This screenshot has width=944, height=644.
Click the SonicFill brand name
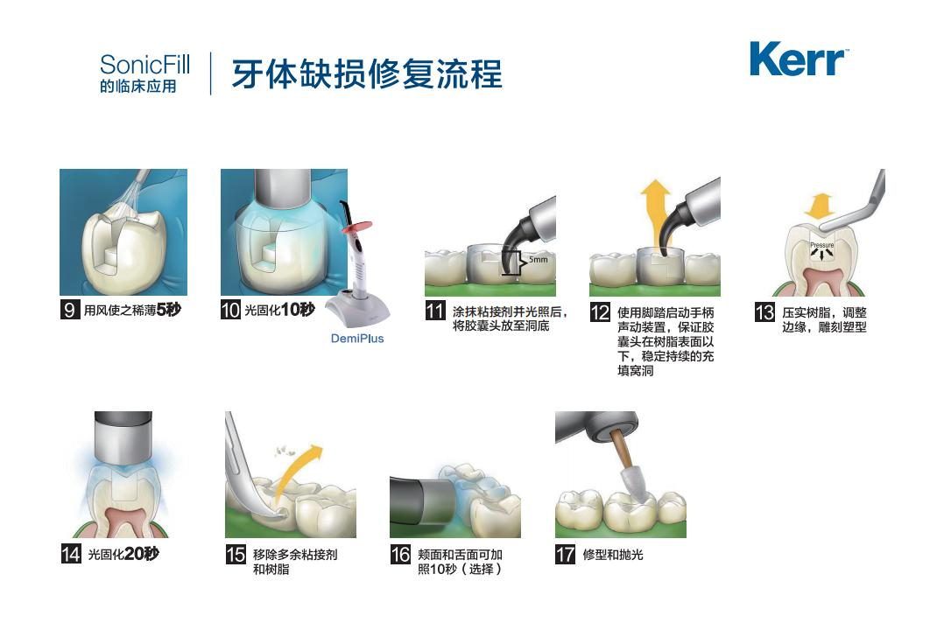point(144,64)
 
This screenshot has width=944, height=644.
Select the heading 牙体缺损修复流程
point(367,74)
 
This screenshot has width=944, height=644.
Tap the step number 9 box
point(70,311)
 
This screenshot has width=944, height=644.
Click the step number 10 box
point(230,311)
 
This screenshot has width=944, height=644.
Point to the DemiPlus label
point(357,339)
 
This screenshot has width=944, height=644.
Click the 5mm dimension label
point(538,261)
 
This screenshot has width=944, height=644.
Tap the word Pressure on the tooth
point(821,246)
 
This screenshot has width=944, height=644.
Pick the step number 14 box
point(70,554)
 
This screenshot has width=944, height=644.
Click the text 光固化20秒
point(123,554)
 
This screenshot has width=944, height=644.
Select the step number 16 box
point(400,555)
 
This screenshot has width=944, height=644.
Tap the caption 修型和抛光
point(613,555)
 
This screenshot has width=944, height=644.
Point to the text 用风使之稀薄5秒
point(131,311)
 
